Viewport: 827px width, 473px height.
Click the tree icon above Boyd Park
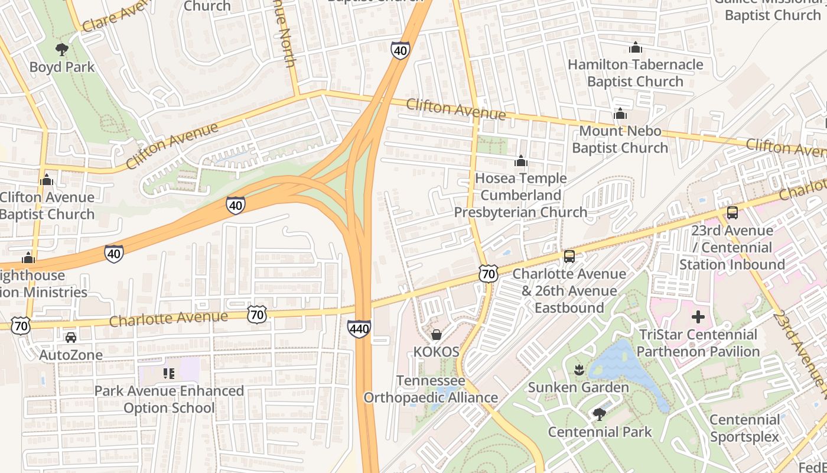click(61, 49)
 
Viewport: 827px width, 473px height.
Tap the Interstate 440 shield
click(359, 329)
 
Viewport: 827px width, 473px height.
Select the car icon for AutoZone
click(71, 338)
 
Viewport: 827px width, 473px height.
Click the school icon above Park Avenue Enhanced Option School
click(169, 373)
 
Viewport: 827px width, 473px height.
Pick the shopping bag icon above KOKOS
click(436, 335)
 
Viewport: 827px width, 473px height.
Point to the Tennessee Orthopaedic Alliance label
click(431, 389)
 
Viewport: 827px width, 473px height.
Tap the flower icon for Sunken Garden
click(578, 370)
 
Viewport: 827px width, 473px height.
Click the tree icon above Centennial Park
click(600, 414)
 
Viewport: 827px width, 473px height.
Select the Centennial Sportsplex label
click(744, 429)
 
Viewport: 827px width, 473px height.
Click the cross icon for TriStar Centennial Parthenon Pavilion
click(698, 317)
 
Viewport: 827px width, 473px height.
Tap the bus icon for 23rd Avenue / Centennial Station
click(732, 213)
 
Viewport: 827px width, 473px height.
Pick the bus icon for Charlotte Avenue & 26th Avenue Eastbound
click(569, 256)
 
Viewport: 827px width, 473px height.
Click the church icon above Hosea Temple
click(520, 161)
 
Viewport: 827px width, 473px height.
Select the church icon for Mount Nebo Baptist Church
click(620, 114)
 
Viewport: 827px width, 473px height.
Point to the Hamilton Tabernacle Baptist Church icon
click(635, 47)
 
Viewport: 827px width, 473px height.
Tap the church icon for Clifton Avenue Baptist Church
click(47, 180)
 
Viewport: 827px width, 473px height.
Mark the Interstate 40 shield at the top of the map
click(400, 51)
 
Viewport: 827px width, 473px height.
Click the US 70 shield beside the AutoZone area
click(21, 325)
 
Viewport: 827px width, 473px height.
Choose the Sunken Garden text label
click(578, 388)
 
